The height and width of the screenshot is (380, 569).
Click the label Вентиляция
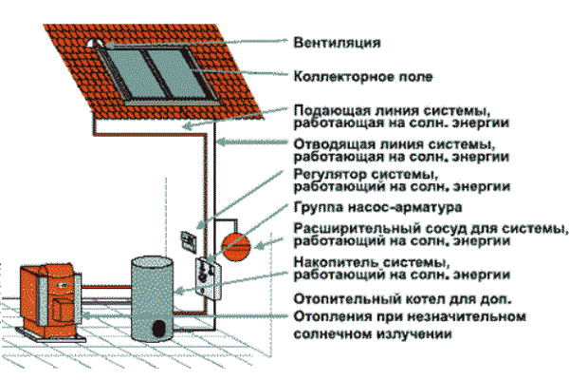[337, 43]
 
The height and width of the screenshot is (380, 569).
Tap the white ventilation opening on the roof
[94, 44]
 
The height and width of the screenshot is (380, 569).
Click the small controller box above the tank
[187, 240]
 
